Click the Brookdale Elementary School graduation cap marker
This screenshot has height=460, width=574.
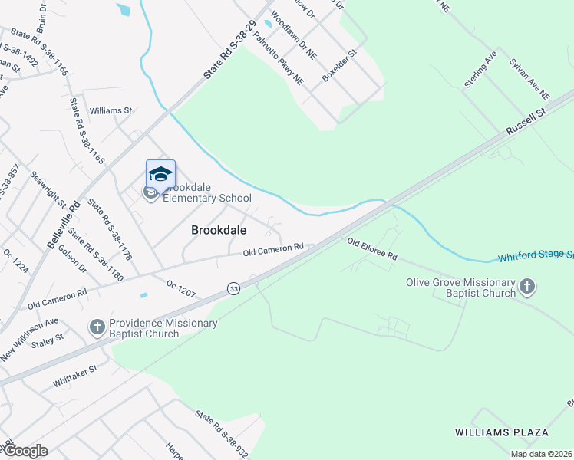pyautogui.click(x=160, y=174)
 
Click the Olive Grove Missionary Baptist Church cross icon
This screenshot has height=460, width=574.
pyautogui.click(x=526, y=287)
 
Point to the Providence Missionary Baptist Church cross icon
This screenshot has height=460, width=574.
pyautogui.click(x=97, y=328)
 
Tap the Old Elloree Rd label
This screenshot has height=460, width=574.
pyautogui.click(x=372, y=248)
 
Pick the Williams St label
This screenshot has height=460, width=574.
pyautogui.click(x=111, y=110)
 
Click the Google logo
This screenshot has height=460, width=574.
pyautogui.click(x=25, y=451)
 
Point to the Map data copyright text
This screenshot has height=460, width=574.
pyautogui.click(x=541, y=454)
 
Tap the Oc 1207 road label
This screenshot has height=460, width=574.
pyautogui.click(x=181, y=288)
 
